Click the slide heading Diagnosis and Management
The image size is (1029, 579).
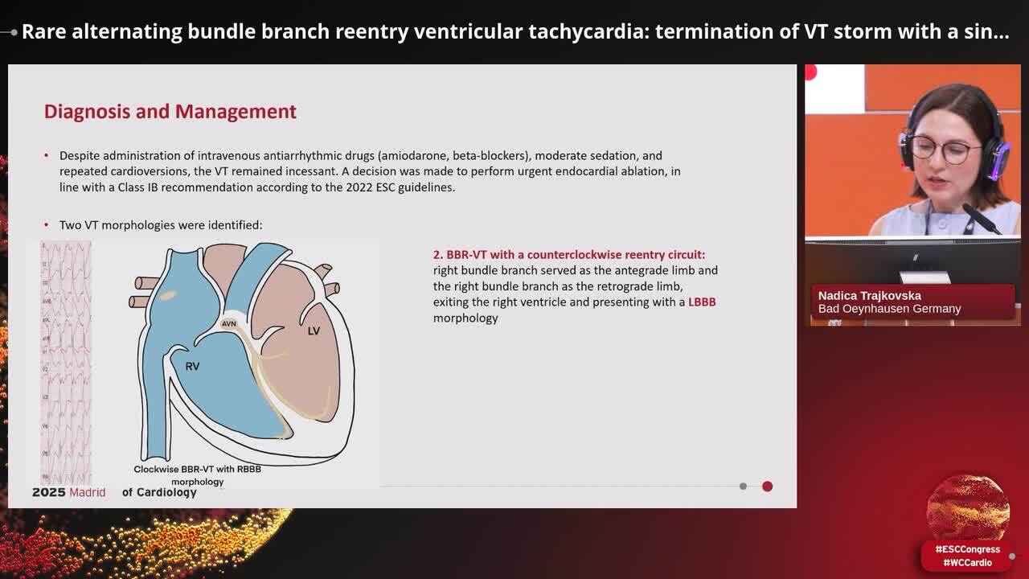(170, 112)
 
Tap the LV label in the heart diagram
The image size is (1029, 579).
(314, 331)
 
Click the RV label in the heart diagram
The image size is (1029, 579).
(192, 366)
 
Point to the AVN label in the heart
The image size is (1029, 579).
(229, 324)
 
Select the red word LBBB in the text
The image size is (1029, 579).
(701, 302)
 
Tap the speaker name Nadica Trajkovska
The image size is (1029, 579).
(869, 295)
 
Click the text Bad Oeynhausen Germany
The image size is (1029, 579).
(889, 309)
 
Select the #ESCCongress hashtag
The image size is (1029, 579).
(967, 549)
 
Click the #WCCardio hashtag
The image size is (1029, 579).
(967, 563)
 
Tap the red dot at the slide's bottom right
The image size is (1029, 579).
(767, 486)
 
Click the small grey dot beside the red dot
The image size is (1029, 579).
(743, 486)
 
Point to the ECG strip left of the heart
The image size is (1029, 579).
(66, 362)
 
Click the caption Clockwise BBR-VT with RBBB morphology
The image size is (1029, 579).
(197, 475)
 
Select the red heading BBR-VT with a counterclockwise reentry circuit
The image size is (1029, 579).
(569, 254)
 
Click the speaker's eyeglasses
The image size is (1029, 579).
(941, 150)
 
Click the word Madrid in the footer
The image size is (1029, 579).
(87, 492)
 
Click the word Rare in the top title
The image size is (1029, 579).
(45, 31)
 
